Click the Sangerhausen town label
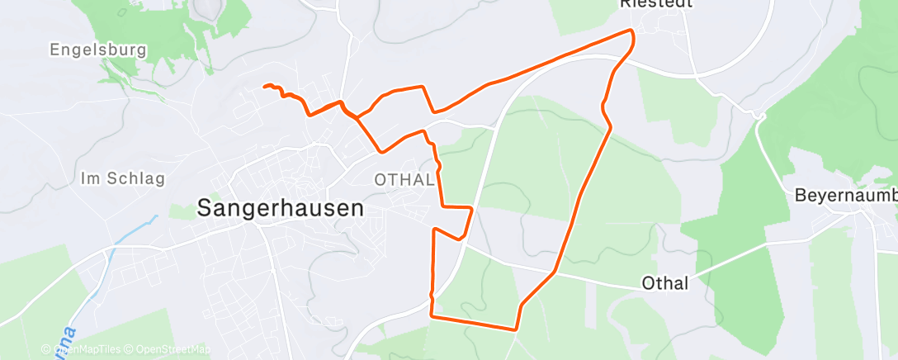pos(280,209)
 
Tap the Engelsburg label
pos(98,50)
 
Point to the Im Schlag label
pos(123,178)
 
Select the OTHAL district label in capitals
pos(404,180)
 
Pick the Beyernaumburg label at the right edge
pos(845,196)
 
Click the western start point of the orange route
pos(265,86)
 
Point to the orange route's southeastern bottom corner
pos(517,329)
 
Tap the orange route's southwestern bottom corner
pos(432,315)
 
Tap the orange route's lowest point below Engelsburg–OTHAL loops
pos(380,151)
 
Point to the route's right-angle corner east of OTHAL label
pos(471,207)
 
